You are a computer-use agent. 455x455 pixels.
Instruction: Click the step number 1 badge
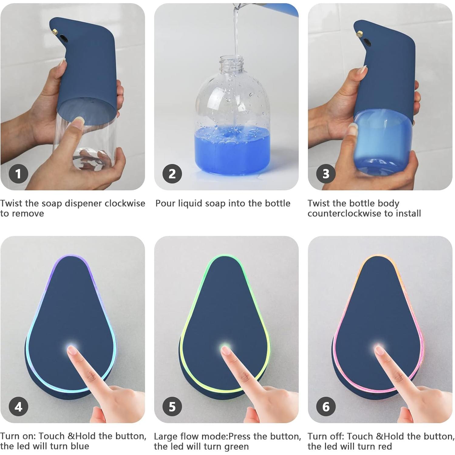[19, 174]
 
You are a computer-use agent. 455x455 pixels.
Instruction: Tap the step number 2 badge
[172, 174]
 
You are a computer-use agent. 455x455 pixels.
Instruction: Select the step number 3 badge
[326, 174]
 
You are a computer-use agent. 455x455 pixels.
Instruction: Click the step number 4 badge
[19, 406]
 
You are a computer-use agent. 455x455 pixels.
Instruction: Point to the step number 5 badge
[172, 406]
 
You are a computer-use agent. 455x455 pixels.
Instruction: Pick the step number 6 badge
[326, 406]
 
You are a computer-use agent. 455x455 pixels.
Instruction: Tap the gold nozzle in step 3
[360, 32]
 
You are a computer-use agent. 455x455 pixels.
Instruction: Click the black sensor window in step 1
[64, 38]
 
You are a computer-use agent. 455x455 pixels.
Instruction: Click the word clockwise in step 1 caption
[125, 203]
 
